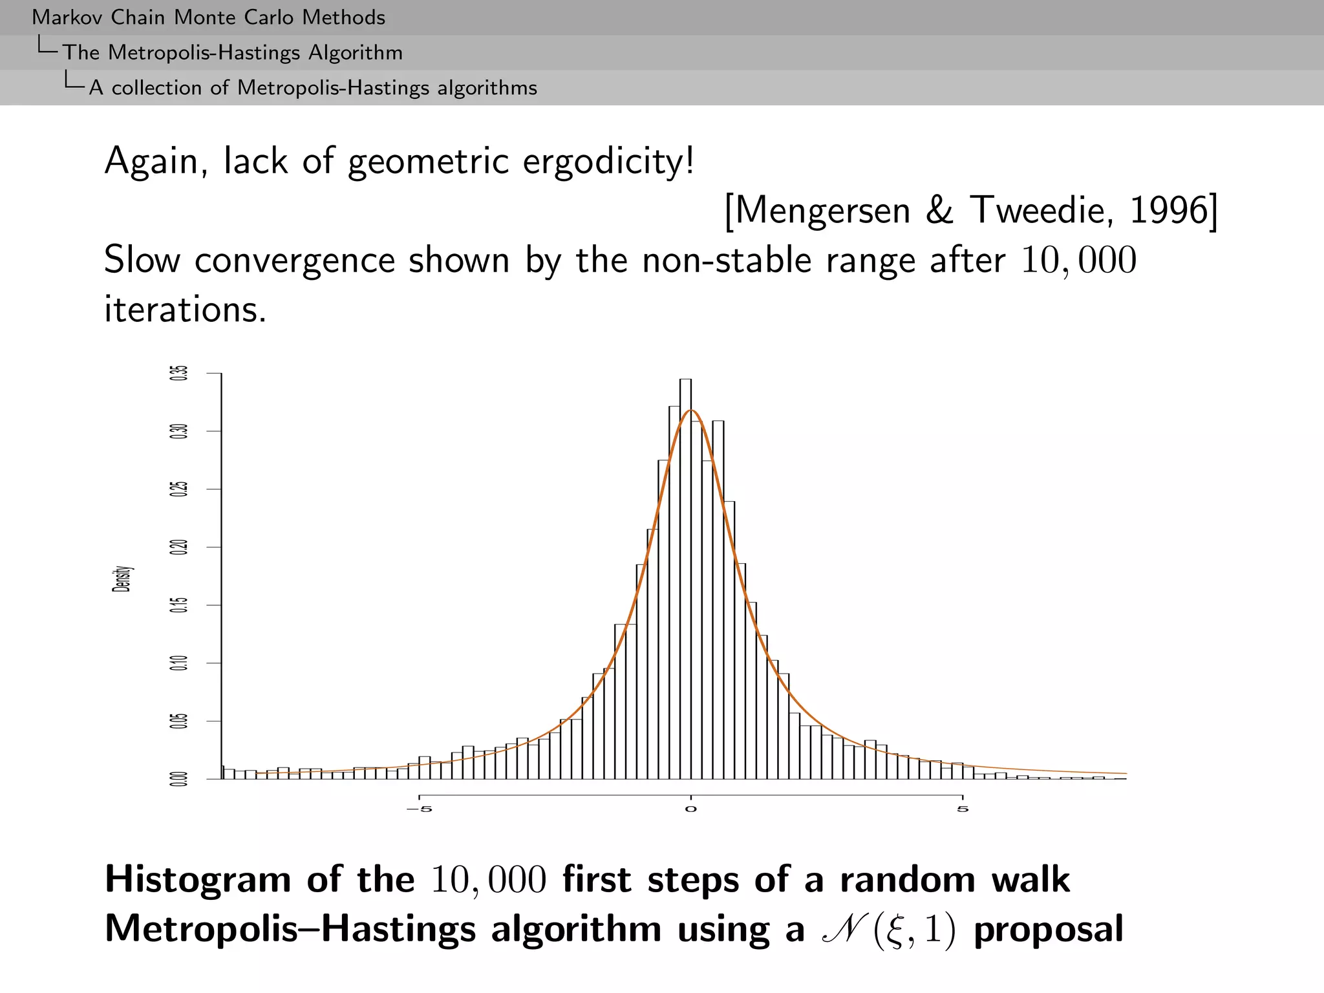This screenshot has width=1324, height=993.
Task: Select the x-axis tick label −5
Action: (419, 809)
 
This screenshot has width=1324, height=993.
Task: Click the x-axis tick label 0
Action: (691, 809)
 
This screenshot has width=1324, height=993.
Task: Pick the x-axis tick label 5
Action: (963, 809)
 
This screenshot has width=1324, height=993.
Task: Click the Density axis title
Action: (122, 579)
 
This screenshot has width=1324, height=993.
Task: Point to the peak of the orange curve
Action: (691, 411)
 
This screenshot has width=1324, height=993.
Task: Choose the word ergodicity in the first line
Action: (608, 162)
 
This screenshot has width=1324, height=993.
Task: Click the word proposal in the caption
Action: (1048, 930)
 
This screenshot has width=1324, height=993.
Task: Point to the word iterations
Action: (185, 310)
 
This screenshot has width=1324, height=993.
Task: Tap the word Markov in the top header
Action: (68, 17)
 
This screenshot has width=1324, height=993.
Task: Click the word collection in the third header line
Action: (156, 88)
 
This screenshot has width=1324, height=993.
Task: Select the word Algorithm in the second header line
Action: (355, 53)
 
